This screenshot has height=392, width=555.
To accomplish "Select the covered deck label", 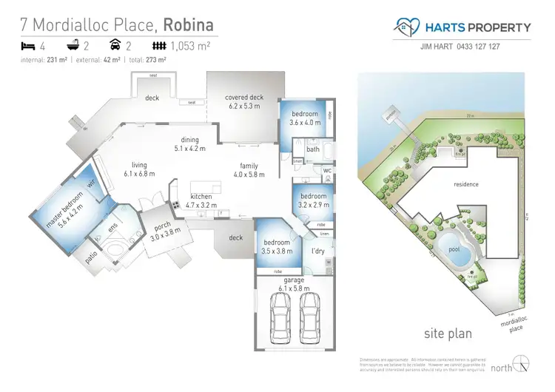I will tap(244, 101).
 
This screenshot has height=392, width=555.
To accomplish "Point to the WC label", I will tap(328, 171).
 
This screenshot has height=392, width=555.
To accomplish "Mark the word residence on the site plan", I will tap(466, 184).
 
